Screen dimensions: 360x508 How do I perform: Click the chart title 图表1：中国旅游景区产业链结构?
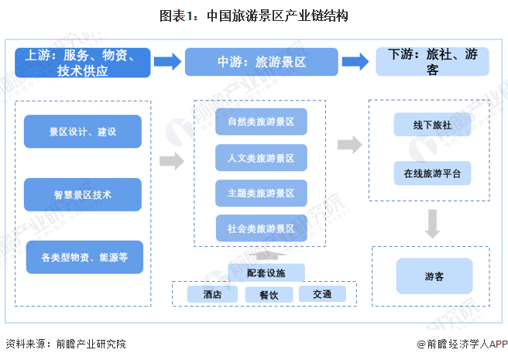pyautogui.click(x=254, y=15)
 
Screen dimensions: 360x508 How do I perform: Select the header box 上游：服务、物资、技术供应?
pyautogui.click(x=83, y=63)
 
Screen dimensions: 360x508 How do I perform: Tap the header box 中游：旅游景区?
pyautogui.click(x=261, y=63)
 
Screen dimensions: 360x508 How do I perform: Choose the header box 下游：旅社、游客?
pyautogui.click(x=432, y=63)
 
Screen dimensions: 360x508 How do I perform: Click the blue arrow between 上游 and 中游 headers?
pyautogui.click(x=167, y=63)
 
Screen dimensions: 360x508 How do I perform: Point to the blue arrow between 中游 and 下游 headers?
pyautogui.click(x=355, y=63)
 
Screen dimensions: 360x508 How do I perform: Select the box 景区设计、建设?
pyautogui.click(x=83, y=132)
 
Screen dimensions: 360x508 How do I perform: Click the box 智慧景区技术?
pyautogui.click(x=83, y=194)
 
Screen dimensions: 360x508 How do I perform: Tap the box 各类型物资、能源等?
pyautogui.click(x=85, y=257)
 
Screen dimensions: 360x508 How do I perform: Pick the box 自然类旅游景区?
pyautogui.click(x=262, y=122)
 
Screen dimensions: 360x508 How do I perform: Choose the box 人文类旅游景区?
pyautogui.click(x=262, y=158)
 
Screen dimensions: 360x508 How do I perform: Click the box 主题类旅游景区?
pyautogui.click(x=262, y=194)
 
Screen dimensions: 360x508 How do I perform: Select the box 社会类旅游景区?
pyautogui.click(x=262, y=229)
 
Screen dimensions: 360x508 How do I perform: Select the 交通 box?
pyautogui.click(x=322, y=294)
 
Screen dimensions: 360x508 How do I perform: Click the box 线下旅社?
pyautogui.click(x=431, y=125)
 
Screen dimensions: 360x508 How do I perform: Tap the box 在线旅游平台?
pyautogui.click(x=431, y=173)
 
